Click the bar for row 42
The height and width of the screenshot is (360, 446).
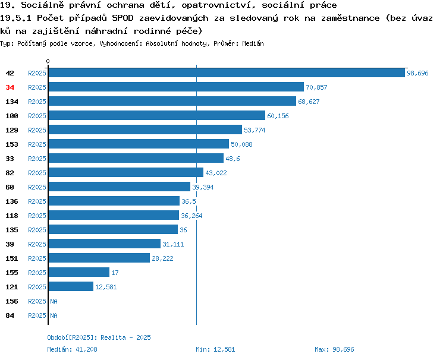click(227, 72)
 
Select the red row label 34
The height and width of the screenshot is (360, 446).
click(10, 87)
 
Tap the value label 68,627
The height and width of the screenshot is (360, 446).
click(309, 102)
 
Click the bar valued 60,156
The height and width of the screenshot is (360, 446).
click(157, 115)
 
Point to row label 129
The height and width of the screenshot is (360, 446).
click(12, 130)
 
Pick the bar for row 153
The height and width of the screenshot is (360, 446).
click(139, 144)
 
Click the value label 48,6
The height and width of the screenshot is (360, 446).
click(233, 159)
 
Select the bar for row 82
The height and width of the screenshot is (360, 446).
click(126, 172)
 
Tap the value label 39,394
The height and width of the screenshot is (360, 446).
click(203, 187)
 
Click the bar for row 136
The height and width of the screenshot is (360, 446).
click(114, 201)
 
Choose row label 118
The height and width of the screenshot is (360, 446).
click(12, 216)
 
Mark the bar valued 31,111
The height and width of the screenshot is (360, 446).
click(105, 244)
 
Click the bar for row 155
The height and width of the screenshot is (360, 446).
click(78, 272)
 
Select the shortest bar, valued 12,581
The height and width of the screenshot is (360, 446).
click(71, 286)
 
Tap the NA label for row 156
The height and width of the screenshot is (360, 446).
click(54, 301)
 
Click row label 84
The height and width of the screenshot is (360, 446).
click(10, 315)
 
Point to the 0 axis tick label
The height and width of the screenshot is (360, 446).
click(48, 61)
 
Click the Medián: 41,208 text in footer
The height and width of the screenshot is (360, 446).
click(72, 349)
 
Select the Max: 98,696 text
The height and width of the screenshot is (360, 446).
click(334, 349)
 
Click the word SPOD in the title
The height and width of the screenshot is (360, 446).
click(123, 18)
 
